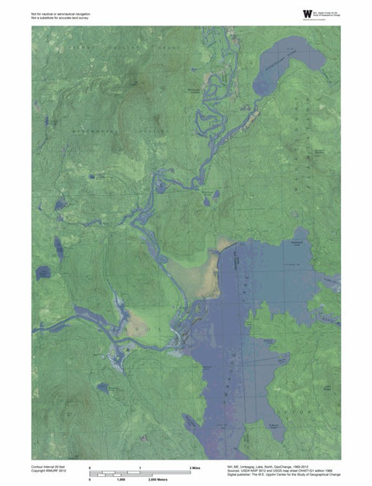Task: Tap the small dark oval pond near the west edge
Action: (x=43, y=272)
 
